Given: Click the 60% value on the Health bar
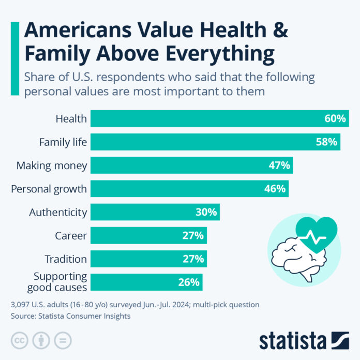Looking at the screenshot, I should point(335,118).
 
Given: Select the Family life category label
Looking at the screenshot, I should point(63,142).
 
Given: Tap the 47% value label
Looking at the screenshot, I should point(279,166).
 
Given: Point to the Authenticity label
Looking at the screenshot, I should point(58,212).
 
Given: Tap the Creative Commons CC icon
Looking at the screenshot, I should point(20,340).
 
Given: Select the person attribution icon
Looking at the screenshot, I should point(41,340).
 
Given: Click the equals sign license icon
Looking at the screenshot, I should point(63,340).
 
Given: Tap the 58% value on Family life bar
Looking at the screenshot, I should point(326,142).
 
